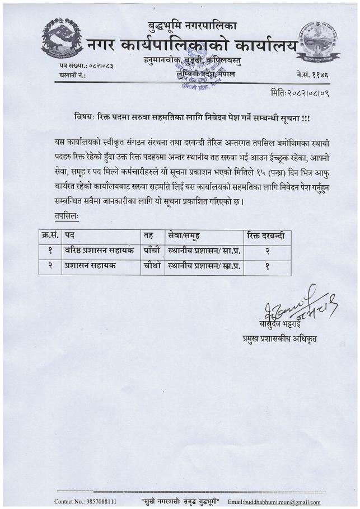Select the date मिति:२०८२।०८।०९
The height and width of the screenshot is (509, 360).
[300, 92]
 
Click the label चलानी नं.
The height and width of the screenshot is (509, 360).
[72, 75]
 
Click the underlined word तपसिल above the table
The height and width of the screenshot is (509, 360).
[62, 215]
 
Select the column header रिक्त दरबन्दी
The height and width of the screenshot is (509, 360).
[265, 237]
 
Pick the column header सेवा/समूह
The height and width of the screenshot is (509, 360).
[188, 237]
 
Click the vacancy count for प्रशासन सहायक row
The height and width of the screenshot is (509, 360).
[267, 267]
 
